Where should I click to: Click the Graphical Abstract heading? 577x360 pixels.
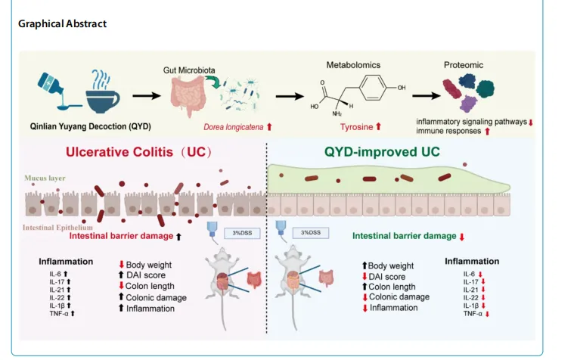tap(62, 23)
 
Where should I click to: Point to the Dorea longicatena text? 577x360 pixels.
tap(234, 127)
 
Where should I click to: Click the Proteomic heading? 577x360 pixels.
tap(462, 66)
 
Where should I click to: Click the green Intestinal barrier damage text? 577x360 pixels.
tap(405, 236)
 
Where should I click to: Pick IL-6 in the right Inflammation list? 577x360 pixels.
tap(469, 274)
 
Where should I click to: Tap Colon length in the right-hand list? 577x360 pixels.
tap(392, 287)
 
